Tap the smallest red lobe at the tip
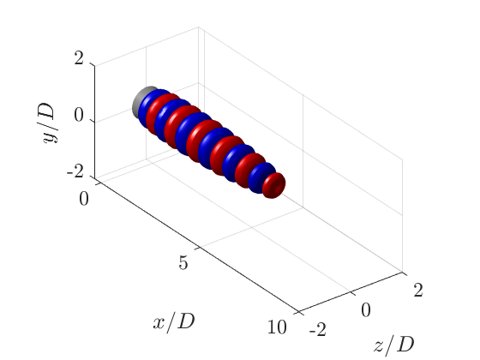click(275, 184)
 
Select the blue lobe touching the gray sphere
click(152, 107)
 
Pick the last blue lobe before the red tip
click(261, 177)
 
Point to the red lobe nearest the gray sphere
click(163, 113)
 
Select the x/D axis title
click(174, 322)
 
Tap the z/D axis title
click(394, 345)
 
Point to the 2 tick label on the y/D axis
click(78, 59)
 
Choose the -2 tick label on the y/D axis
click(75, 171)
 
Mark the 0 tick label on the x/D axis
click(83, 199)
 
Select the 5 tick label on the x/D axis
click(183, 263)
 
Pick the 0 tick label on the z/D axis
click(365, 310)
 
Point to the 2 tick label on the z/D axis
click(417, 291)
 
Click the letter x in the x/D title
click(159, 323)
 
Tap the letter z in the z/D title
click(379, 345)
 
